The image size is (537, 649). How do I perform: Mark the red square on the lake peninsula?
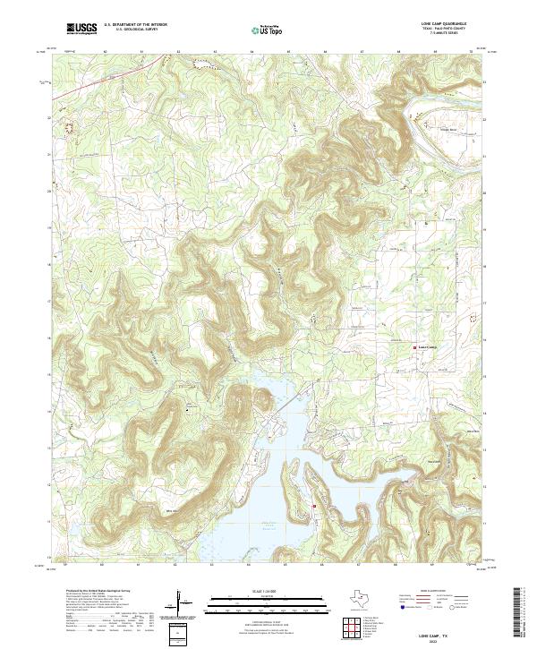[314, 508]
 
